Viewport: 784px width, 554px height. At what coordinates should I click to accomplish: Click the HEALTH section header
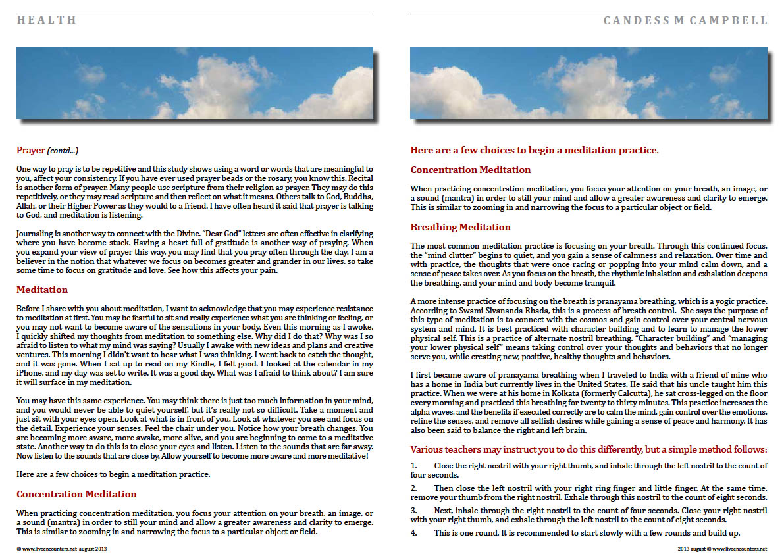click(x=47, y=20)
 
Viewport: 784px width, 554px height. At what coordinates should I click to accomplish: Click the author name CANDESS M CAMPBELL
click(x=685, y=20)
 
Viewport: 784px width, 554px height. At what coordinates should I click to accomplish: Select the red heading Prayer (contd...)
click(x=47, y=151)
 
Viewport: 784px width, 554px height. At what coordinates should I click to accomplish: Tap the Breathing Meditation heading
click(x=460, y=227)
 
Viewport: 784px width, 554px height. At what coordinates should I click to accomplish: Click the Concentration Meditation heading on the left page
click(x=76, y=494)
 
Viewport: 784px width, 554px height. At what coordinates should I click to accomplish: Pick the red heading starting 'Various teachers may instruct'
click(x=588, y=450)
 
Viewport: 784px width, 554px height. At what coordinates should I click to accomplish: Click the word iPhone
click(x=30, y=372)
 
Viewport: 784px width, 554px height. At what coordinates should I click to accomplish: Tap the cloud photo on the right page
click(x=588, y=83)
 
